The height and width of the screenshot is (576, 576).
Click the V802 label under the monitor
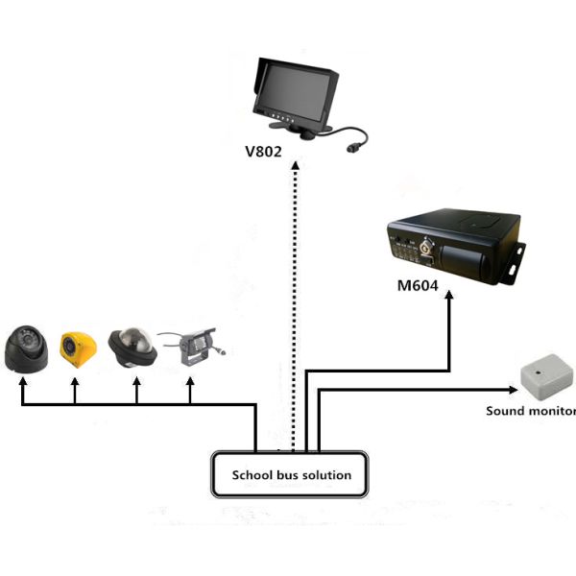coord(265,152)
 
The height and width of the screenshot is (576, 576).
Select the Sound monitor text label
coord(531,411)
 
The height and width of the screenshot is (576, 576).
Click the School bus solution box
coord(292,474)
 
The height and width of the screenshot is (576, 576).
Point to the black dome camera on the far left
coord(26,349)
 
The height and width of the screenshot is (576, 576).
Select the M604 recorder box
coord(451,248)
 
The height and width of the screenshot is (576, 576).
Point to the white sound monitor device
coord(544,378)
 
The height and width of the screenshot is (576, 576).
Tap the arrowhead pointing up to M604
coord(449,299)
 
